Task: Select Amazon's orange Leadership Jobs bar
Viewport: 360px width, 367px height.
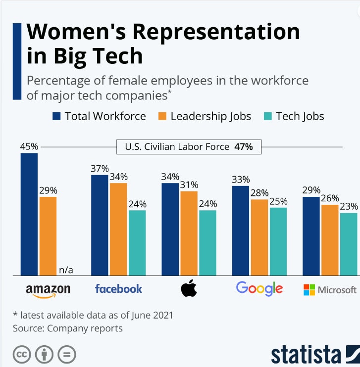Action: click(x=48, y=235)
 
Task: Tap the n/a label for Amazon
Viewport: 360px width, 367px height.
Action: click(x=66, y=270)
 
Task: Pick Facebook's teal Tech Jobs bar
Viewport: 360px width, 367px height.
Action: click(x=137, y=242)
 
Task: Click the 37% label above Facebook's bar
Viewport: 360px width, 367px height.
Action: click(x=100, y=168)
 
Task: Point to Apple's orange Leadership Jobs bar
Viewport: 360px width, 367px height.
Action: click(x=189, y=232)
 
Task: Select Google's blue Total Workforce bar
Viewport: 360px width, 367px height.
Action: click(x=241, y=230)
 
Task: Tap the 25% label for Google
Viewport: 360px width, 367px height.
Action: click(x=278, y=201)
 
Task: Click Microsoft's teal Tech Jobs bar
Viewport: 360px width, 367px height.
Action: click(x=349, y=244)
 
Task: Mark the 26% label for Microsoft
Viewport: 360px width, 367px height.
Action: click(x=330, y=198)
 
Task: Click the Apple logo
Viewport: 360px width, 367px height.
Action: click(x=189, y=288)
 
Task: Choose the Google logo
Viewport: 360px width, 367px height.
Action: click(x=259, y=288)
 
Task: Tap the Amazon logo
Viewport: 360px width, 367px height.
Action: click(x=48, y=290)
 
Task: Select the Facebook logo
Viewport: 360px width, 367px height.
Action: click(x=118, y=288)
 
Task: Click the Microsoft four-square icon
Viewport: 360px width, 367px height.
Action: click(x=309, y=290)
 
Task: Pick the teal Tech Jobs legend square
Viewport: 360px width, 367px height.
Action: click(x=267, y=116)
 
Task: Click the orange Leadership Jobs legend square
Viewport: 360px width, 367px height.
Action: click(x=161, y=116)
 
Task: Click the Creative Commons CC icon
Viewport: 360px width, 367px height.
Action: click(x=22, y=355)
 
